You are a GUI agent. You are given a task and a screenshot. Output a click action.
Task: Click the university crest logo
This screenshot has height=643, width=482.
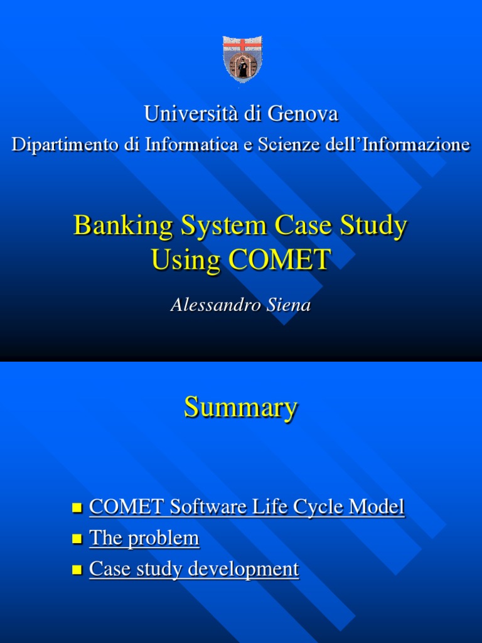(243, 57)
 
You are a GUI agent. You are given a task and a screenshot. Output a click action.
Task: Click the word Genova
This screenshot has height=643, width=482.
(303, 114)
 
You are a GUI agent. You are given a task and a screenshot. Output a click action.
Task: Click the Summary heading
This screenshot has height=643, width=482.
(240, 408)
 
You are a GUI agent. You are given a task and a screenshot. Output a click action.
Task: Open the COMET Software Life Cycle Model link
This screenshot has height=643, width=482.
(247, 507)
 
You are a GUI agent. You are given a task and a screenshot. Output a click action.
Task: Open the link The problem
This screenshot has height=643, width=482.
(144, 538)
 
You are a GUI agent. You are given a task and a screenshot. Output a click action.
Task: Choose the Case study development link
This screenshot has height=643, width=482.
(194, 570)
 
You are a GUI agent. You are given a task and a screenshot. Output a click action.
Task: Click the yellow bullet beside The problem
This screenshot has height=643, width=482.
(78, 539)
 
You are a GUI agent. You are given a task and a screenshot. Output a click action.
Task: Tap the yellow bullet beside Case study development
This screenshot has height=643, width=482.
(78, 570)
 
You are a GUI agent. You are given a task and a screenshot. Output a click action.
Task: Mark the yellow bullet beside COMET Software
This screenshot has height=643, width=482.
(78, 507)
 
